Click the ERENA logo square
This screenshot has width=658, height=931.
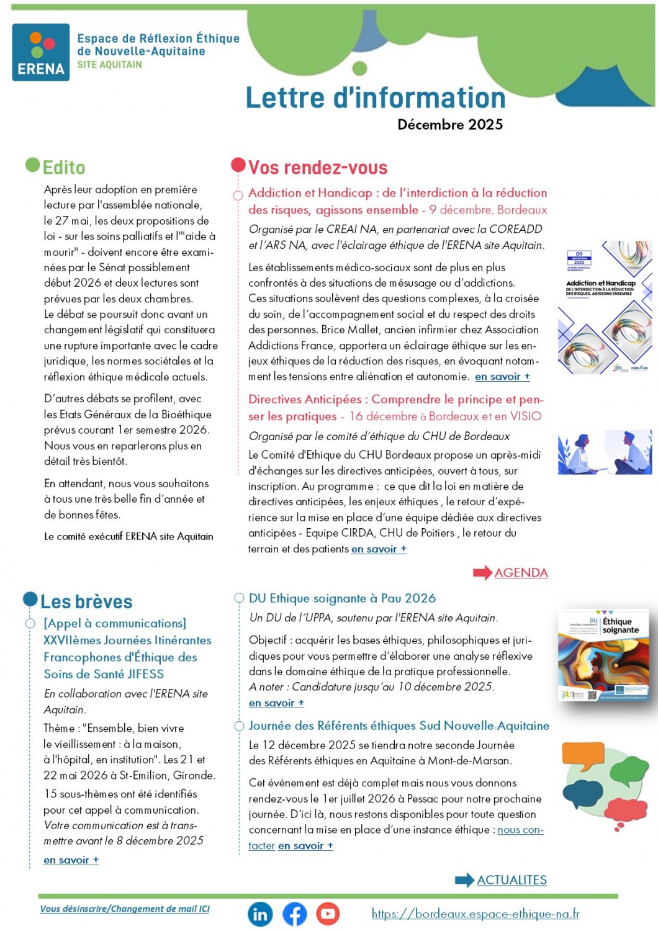click(x=41, y=52)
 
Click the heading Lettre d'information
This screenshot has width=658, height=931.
click(x=376, y=98)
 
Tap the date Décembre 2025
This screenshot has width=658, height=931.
click(x=450, y=125)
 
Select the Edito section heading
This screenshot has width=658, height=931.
click(x=64, y=168)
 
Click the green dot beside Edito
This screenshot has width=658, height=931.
click(x=33, y=165)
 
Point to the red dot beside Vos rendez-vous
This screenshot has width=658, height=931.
click(x=238, y=165)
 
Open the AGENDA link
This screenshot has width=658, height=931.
click(x=521, y=573)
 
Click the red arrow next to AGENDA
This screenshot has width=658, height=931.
click(x=482, y=573)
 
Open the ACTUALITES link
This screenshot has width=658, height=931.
click(x=512, y=880)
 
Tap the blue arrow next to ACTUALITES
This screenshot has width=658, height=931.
click(x=464, y=880)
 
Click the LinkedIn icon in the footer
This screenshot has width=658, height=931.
click(x=260, y=914)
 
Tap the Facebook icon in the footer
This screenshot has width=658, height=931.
click(x=295, y=914)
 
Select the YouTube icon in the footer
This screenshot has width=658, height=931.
click(x=328, y=914)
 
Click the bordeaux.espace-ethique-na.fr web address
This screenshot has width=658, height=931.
click(x=475, y=914)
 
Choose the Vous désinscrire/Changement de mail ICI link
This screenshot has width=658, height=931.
click(x=125, y=909)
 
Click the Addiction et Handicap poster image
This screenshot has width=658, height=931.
click(x=605, y=307)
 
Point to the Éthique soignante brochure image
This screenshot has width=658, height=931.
click(x=604, y=655)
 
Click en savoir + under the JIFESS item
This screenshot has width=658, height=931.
click(x=71, y=860)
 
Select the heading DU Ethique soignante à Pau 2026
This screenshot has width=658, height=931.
click(x=342, y=598)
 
